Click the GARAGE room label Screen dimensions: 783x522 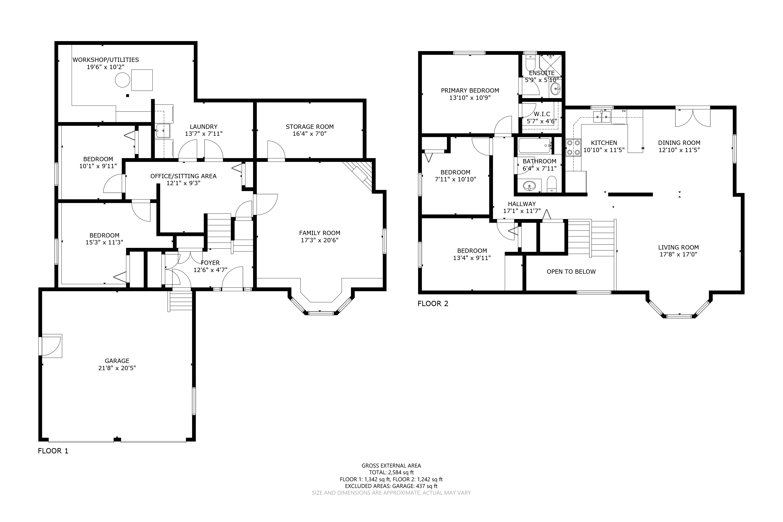[117, 361]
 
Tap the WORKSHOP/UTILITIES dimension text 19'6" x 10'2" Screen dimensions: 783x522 [106, 67]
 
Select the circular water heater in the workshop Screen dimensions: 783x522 [123, 80]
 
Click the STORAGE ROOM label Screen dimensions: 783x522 [310, 127]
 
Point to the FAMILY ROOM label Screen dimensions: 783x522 [320, 233]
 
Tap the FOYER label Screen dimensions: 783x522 [210, 263]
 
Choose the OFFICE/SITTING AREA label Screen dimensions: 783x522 [184, 176]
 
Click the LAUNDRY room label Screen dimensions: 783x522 [203, 127]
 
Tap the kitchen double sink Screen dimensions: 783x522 [602, 117]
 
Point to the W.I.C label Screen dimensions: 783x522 [542, 114]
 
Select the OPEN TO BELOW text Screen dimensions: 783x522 [571, 272]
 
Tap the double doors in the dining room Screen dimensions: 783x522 [693, 117]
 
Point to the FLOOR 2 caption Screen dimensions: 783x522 [433, 304]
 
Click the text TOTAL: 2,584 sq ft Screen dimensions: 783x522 [391, 472]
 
